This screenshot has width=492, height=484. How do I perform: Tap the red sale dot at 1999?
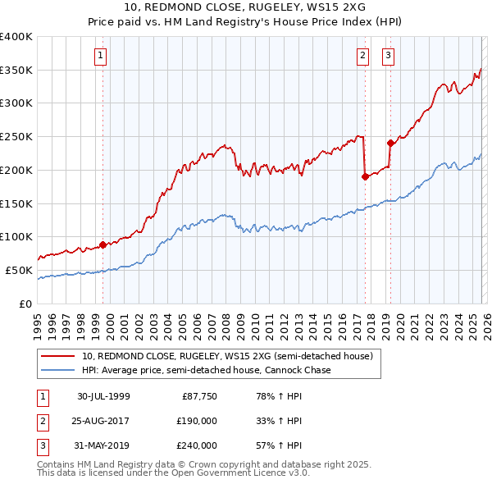(x=103, y=244)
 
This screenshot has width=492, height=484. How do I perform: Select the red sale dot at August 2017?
(x=365, y=176)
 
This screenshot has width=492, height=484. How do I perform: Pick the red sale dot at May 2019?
(x=390, y=143)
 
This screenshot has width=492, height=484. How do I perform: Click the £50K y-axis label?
(x=19, y=270)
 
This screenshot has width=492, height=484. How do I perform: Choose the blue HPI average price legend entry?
(x=206, y=371)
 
